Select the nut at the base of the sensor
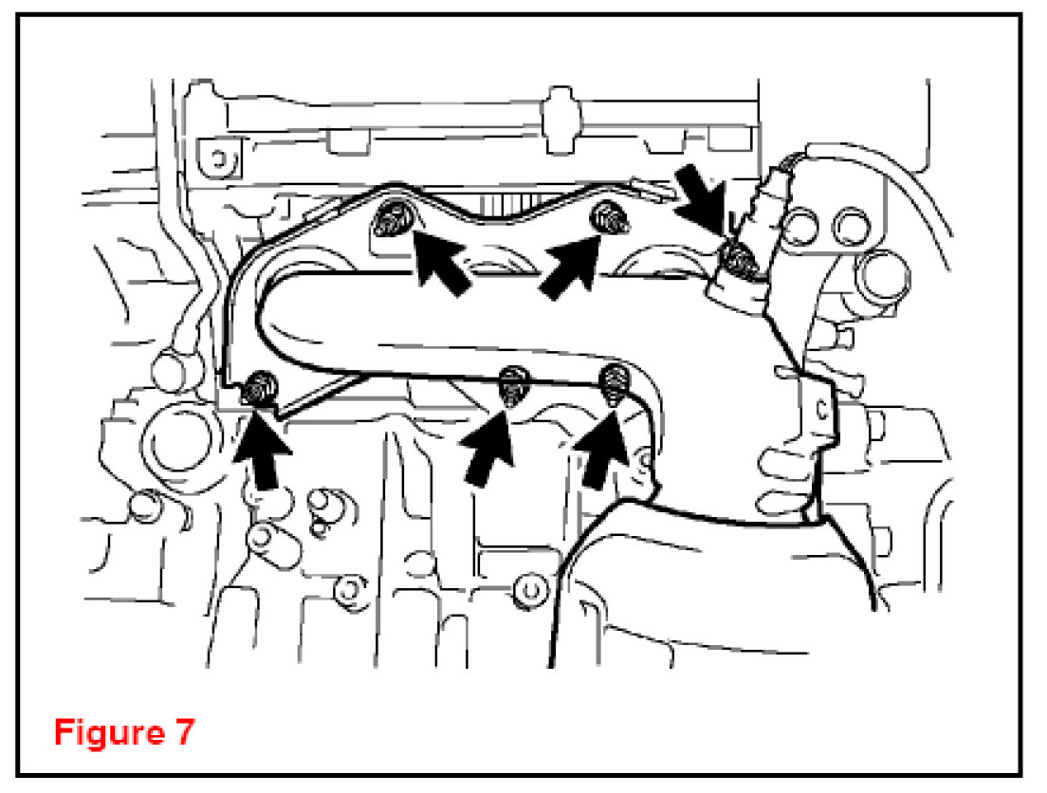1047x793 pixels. (x=737, y=259)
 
